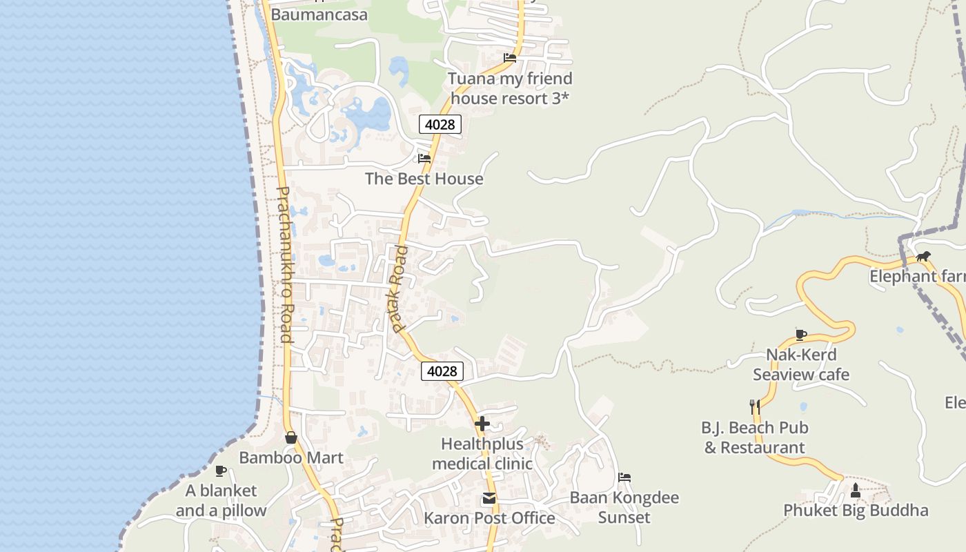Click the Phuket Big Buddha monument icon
(856, 491)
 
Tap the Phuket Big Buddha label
(856, 511)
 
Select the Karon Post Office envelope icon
(489, 498)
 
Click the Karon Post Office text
(489, 517)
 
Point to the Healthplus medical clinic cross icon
(482, 424)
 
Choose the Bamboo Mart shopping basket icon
(291, 437)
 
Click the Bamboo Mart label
(291, 457)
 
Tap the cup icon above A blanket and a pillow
(221, 471)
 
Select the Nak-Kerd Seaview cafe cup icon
(800, 335)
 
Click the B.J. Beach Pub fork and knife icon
(754, 407)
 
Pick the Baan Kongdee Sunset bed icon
(624, 477)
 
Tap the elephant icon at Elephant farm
(923, 257)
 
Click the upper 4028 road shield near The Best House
(440, 124)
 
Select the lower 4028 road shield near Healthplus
(442, 371)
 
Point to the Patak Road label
(400, 289)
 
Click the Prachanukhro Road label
(284, 264)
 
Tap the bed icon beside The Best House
(424, 159)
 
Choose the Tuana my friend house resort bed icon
(510, 58)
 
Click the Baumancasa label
(319, 14)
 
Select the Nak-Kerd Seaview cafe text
(801, 365)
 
